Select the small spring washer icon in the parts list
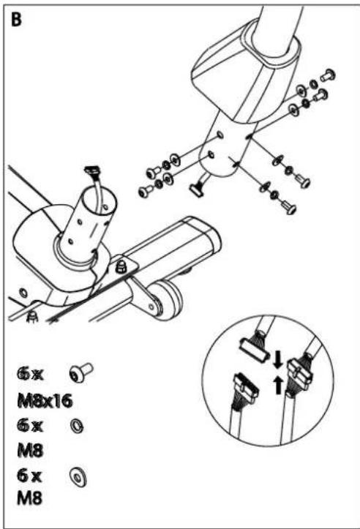[76, 424]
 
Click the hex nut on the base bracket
[121, 264]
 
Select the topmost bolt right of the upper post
[327, 74]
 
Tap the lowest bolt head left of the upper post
[144, 192]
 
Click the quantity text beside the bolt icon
[31, 374]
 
